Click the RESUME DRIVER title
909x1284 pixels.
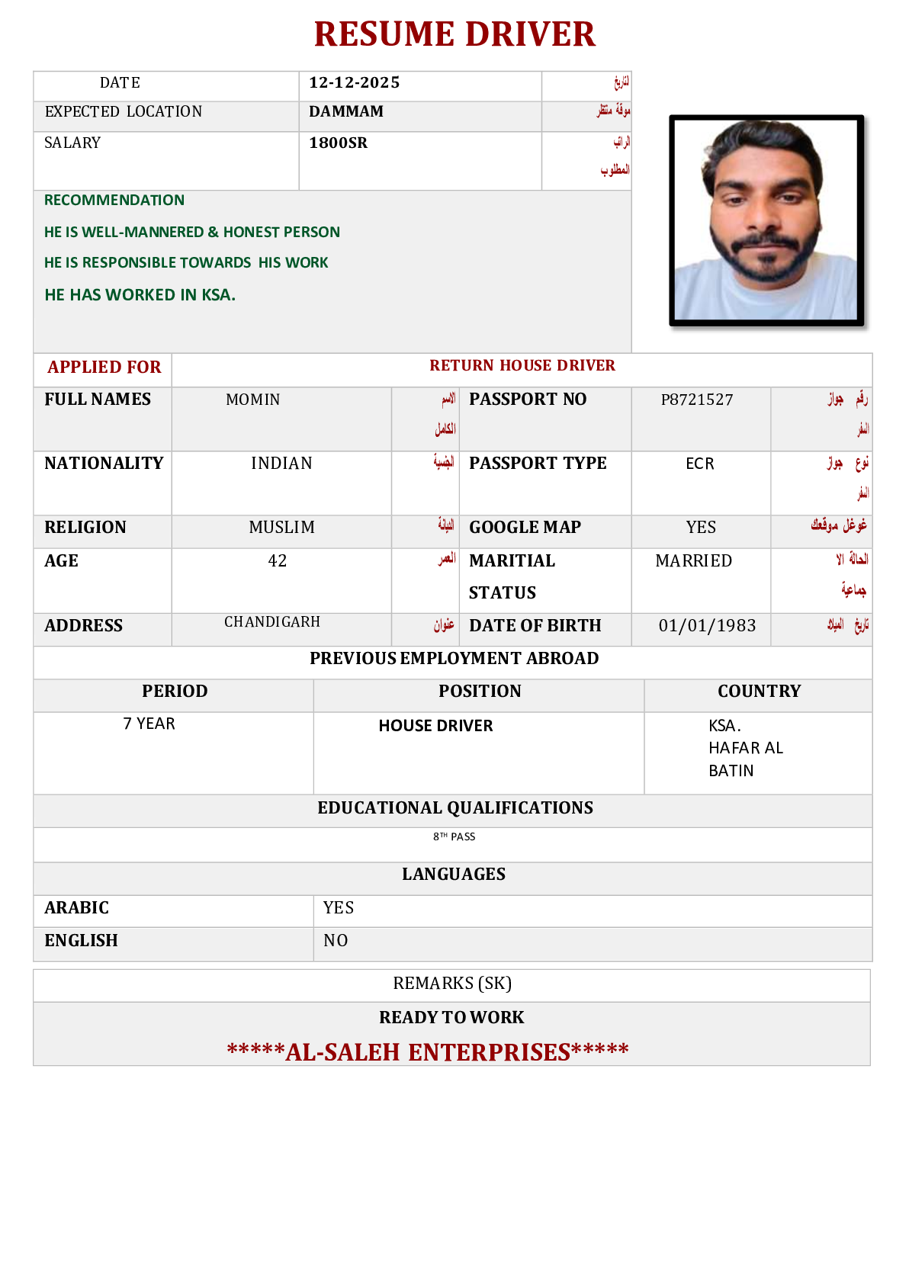454,35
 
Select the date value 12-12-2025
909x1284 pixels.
354,83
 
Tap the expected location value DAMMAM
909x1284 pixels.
346,112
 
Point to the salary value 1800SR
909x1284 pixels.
338,143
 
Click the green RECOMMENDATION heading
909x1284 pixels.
114,201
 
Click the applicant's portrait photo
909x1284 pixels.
766,220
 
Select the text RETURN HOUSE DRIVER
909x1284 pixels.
522,366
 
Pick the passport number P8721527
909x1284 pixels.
697,400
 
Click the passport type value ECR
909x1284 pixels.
699,464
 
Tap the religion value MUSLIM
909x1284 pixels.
281,528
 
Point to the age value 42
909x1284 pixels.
278,561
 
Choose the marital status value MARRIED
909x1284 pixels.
693,561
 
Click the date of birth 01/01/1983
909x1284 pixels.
707,626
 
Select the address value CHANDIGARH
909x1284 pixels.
272,622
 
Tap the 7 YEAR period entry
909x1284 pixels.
149,724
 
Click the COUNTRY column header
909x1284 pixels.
759,692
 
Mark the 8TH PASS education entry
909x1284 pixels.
454,837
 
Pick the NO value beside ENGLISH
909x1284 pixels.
336,941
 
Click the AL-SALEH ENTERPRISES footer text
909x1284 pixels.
428,1052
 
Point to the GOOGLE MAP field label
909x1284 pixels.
525,528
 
